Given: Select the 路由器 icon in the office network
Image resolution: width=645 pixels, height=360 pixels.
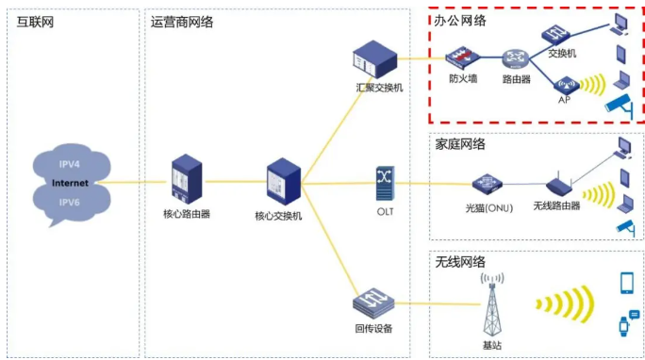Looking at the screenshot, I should click(x=514, y=57).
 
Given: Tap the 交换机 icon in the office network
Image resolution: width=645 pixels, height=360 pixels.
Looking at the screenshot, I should click(x=553, y=33).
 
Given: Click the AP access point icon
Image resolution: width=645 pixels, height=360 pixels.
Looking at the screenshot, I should click(x=563, y=85).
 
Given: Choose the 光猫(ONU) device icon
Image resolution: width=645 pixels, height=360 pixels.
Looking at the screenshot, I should click(x=487, y=183).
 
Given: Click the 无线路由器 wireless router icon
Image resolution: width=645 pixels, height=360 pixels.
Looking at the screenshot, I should click(x=558, y=185).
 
